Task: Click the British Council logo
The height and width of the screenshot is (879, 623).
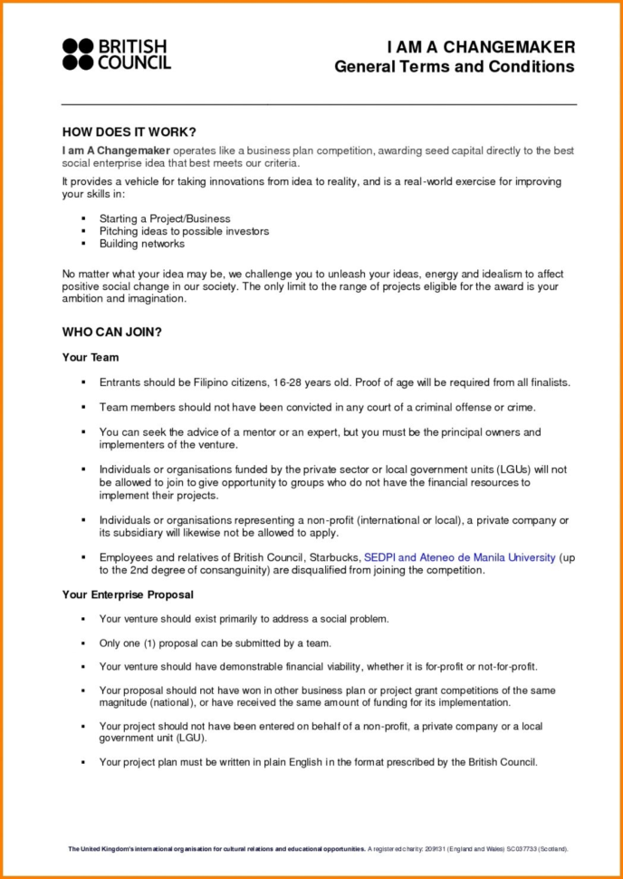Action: pos(116,54)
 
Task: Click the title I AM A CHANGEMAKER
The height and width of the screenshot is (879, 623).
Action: pos(480,47)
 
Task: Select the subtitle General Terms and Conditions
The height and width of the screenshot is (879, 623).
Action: pos(454,67)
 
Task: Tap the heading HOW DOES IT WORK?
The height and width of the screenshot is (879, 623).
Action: pos(129,132)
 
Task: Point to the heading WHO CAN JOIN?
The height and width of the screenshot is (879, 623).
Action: pos(111,332)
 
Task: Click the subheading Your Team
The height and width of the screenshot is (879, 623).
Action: pos(91,358)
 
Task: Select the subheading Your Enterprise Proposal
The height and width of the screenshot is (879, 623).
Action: pos(128,594)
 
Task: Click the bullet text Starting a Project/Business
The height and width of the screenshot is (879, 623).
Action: pos(165,218)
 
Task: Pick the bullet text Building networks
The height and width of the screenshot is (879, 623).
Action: pos(142,244)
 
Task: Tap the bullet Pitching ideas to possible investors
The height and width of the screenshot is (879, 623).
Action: pos(184,231)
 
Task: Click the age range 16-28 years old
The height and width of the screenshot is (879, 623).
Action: pos(311,382)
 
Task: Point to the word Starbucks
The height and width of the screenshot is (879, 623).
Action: pos(334,558)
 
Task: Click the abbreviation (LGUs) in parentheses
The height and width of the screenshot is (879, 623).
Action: pos(513,469)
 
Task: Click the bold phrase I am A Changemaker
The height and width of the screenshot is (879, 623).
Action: pos(115,150)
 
